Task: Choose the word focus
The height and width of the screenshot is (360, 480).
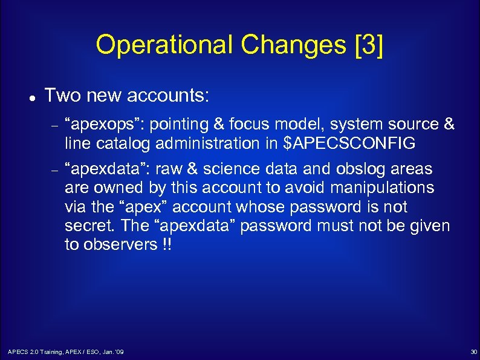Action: [x=249, y=125]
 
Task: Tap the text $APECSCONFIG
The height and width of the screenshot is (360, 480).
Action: [x=349, y=144]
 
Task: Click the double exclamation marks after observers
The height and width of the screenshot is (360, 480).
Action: [x=164, y=245]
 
